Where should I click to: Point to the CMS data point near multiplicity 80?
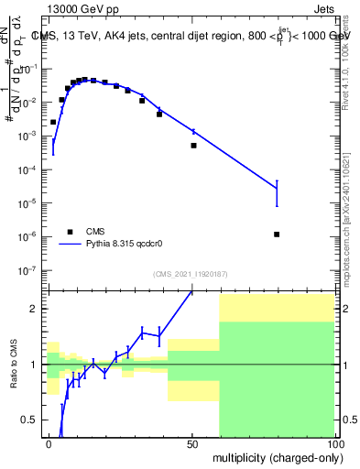pyautogui.click(x=277, y=234)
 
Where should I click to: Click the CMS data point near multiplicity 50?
pyautogui.click(x=193, y=146)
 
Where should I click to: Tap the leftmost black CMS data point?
pyautogui.click(x=53, y=122)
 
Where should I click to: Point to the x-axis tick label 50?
pyautogui.click(x=192, y=443)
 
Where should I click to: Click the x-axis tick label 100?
pyautogui.click(x=333, y=443)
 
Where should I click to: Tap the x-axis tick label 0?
pyautogui.click(x=48, y=443)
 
